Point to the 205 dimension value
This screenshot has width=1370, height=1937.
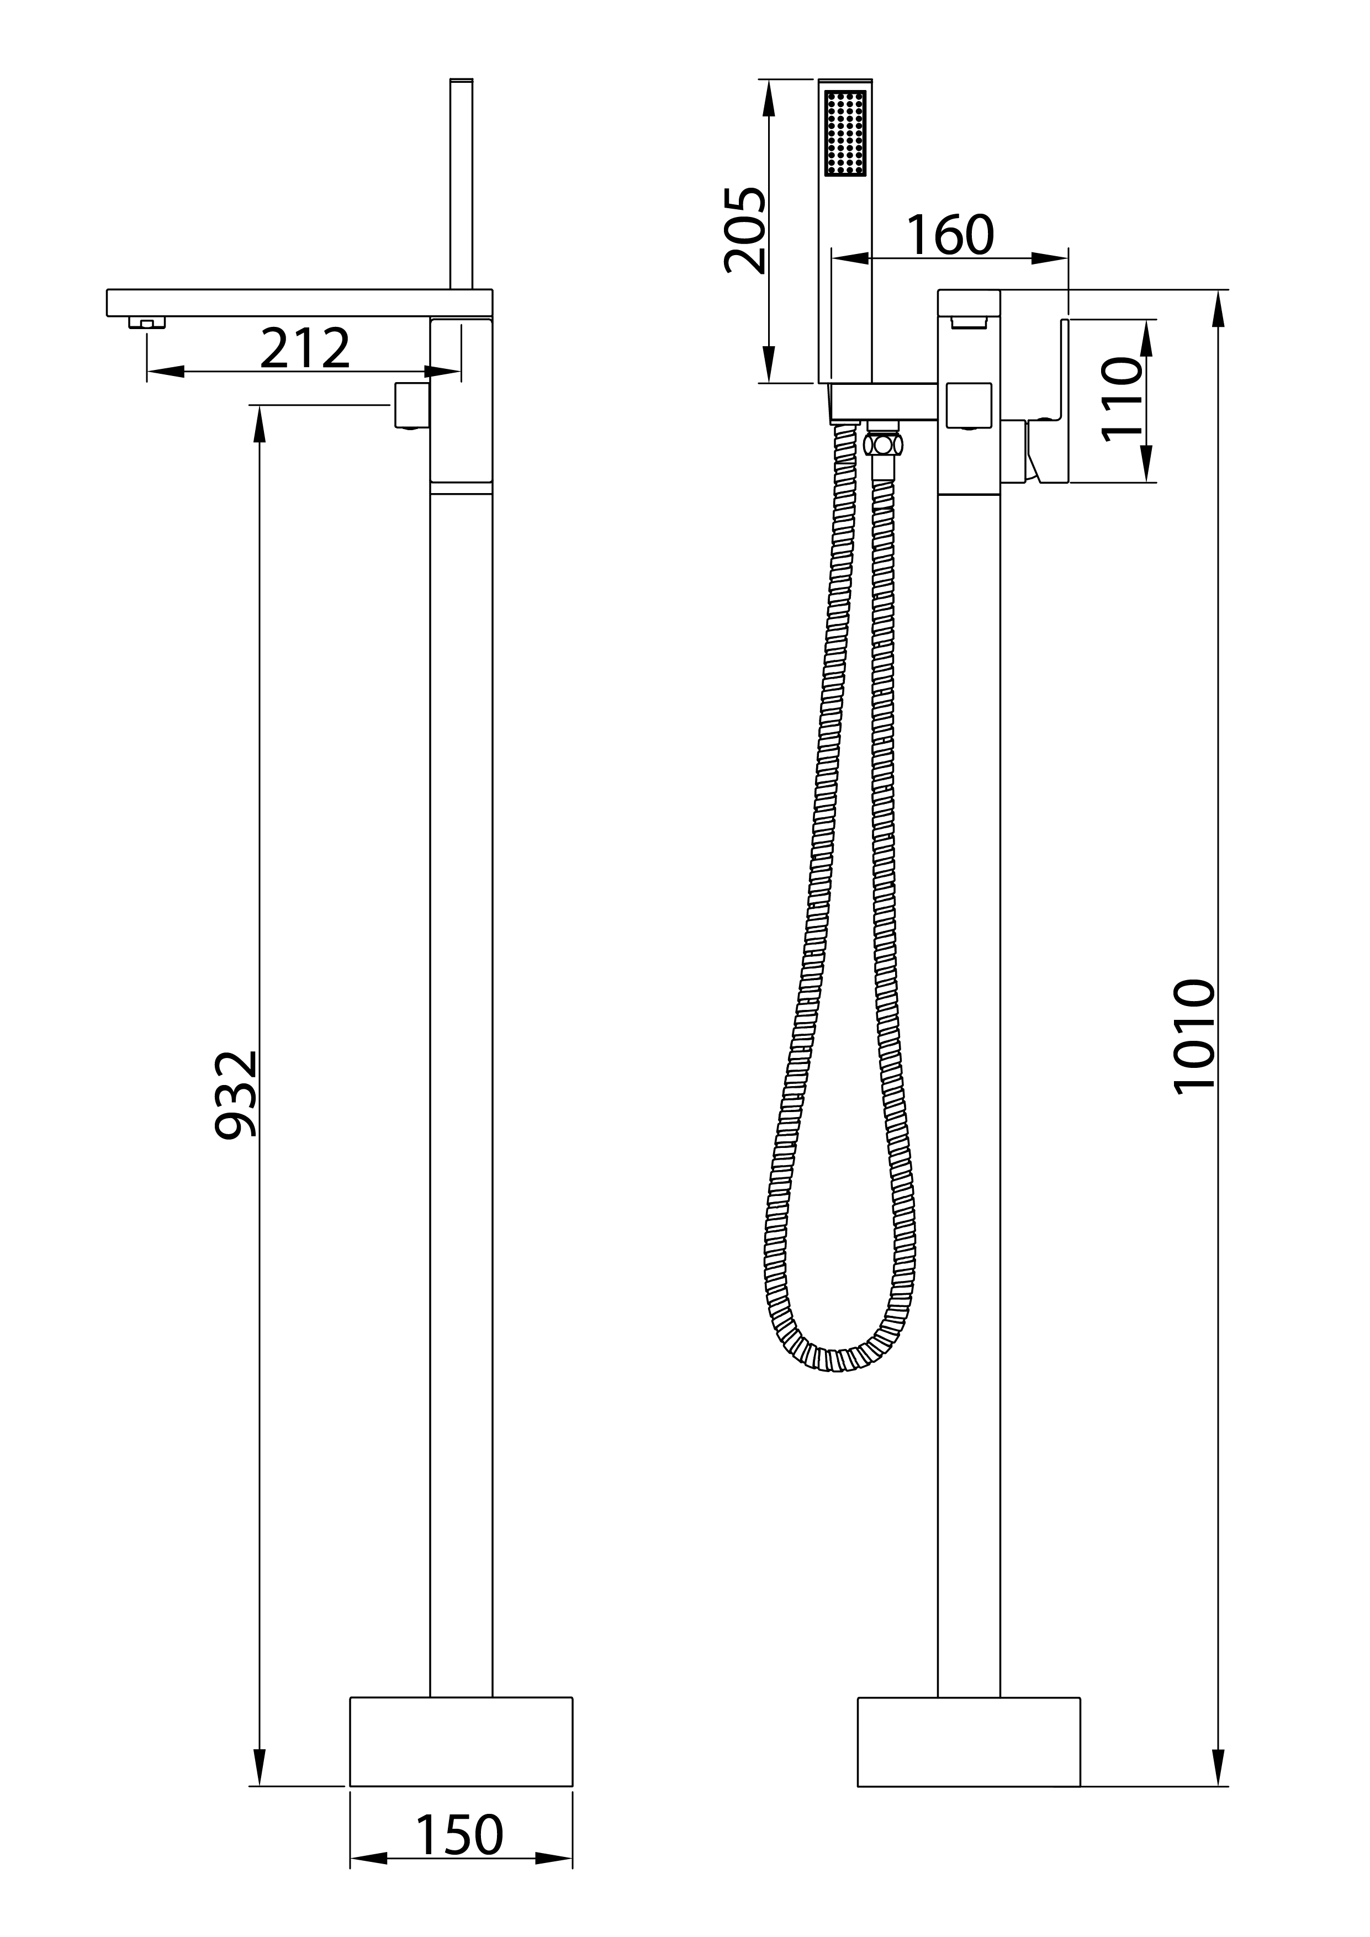tap(745, 230)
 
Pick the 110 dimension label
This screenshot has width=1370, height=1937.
tap(1121, 398)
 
